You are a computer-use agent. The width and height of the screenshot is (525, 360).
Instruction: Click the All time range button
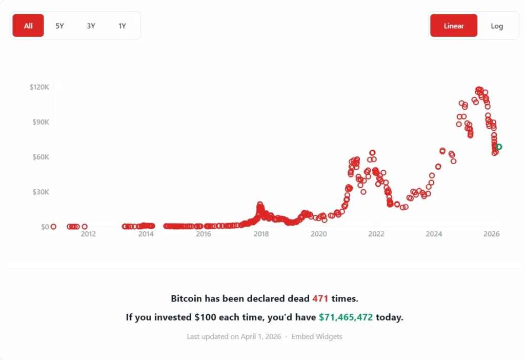[x=28, y=26]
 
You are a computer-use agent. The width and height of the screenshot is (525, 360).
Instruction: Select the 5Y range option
[x=59, y=26]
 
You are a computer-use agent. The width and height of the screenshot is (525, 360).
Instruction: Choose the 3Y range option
[x=91, y=26]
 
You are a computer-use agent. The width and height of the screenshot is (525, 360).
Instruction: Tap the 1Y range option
[x=122, y=26]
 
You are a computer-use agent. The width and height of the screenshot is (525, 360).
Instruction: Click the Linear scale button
[x=454, y=26]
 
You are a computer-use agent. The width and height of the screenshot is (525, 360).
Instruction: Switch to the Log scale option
[x=497, y=26]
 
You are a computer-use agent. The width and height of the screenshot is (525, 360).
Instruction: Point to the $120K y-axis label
[x=39, y=87]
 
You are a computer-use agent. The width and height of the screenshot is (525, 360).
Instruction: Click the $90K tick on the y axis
[x=41, y=122]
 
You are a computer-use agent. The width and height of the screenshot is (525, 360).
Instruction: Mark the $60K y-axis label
[x=41, y=157]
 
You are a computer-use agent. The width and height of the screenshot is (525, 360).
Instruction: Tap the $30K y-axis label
[x=41, y=192]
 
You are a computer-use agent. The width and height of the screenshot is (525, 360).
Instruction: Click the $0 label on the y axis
[x=45, y=227]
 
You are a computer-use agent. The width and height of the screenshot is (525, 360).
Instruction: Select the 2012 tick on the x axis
[x=88, y=234]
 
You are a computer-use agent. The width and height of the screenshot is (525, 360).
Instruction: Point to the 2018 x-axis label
[x=261, y=234]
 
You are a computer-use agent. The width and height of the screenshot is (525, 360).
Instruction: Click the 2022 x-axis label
[x=376, y=234]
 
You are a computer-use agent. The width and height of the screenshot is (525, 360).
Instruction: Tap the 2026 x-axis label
[x=492, y=234]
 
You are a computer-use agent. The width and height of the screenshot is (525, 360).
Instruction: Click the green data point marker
[x=499, y=147]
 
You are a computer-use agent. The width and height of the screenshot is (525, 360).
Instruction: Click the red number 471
[x=320, y=298]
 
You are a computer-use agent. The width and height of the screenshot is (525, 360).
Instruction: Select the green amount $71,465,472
[x=346, y=317]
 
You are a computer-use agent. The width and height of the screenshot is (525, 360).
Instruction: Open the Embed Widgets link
[x=317, y=337]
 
